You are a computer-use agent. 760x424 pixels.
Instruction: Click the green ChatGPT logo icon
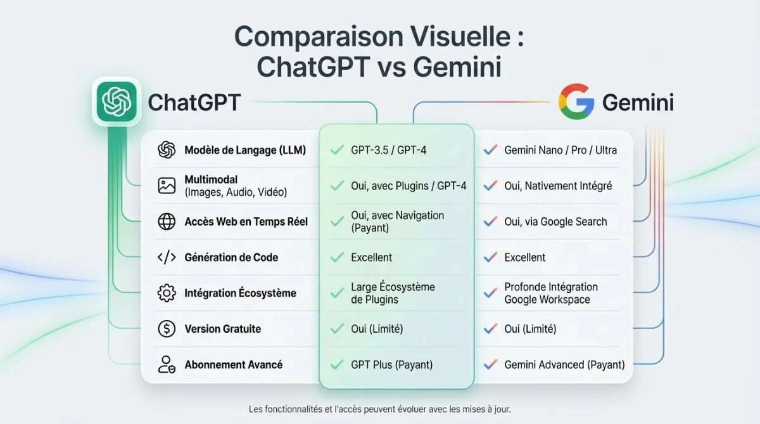[x=116, y=101]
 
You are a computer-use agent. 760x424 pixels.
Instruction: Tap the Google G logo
[x=575, y=101]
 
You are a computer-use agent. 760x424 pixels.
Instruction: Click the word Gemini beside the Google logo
[x=637, y=102]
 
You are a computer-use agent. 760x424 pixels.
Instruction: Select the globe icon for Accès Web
[x=167, y=222]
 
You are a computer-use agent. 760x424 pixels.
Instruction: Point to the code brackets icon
[x=167, y=257]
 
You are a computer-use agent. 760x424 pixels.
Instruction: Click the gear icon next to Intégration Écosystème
[x=167, y=293]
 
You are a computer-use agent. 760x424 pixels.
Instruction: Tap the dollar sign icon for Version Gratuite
[x=167, y=329]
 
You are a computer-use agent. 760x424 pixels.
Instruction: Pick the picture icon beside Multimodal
[x=167, y=186]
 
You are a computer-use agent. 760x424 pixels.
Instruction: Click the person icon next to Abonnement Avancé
[x=167, y=364]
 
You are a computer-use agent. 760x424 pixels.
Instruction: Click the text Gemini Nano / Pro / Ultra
[x=560, y=150]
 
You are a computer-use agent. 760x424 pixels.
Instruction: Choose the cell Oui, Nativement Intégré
[x=557, y=186]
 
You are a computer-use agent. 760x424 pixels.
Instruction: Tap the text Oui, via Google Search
[x=555, y=222]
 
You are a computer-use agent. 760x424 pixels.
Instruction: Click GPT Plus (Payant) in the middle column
[x=391, y=365]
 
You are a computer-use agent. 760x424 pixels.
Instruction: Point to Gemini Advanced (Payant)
[x=564, y=365]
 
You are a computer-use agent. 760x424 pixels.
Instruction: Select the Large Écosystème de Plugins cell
[x=393, y=293]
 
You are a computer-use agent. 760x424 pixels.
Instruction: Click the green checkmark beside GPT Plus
[x=337, y=365]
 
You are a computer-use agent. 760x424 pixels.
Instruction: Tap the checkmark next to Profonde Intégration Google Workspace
[x=489, y=293]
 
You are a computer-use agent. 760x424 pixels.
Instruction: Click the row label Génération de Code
[x=231, y=257]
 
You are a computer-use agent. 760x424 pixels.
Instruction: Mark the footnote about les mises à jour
[x=379, y=409]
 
